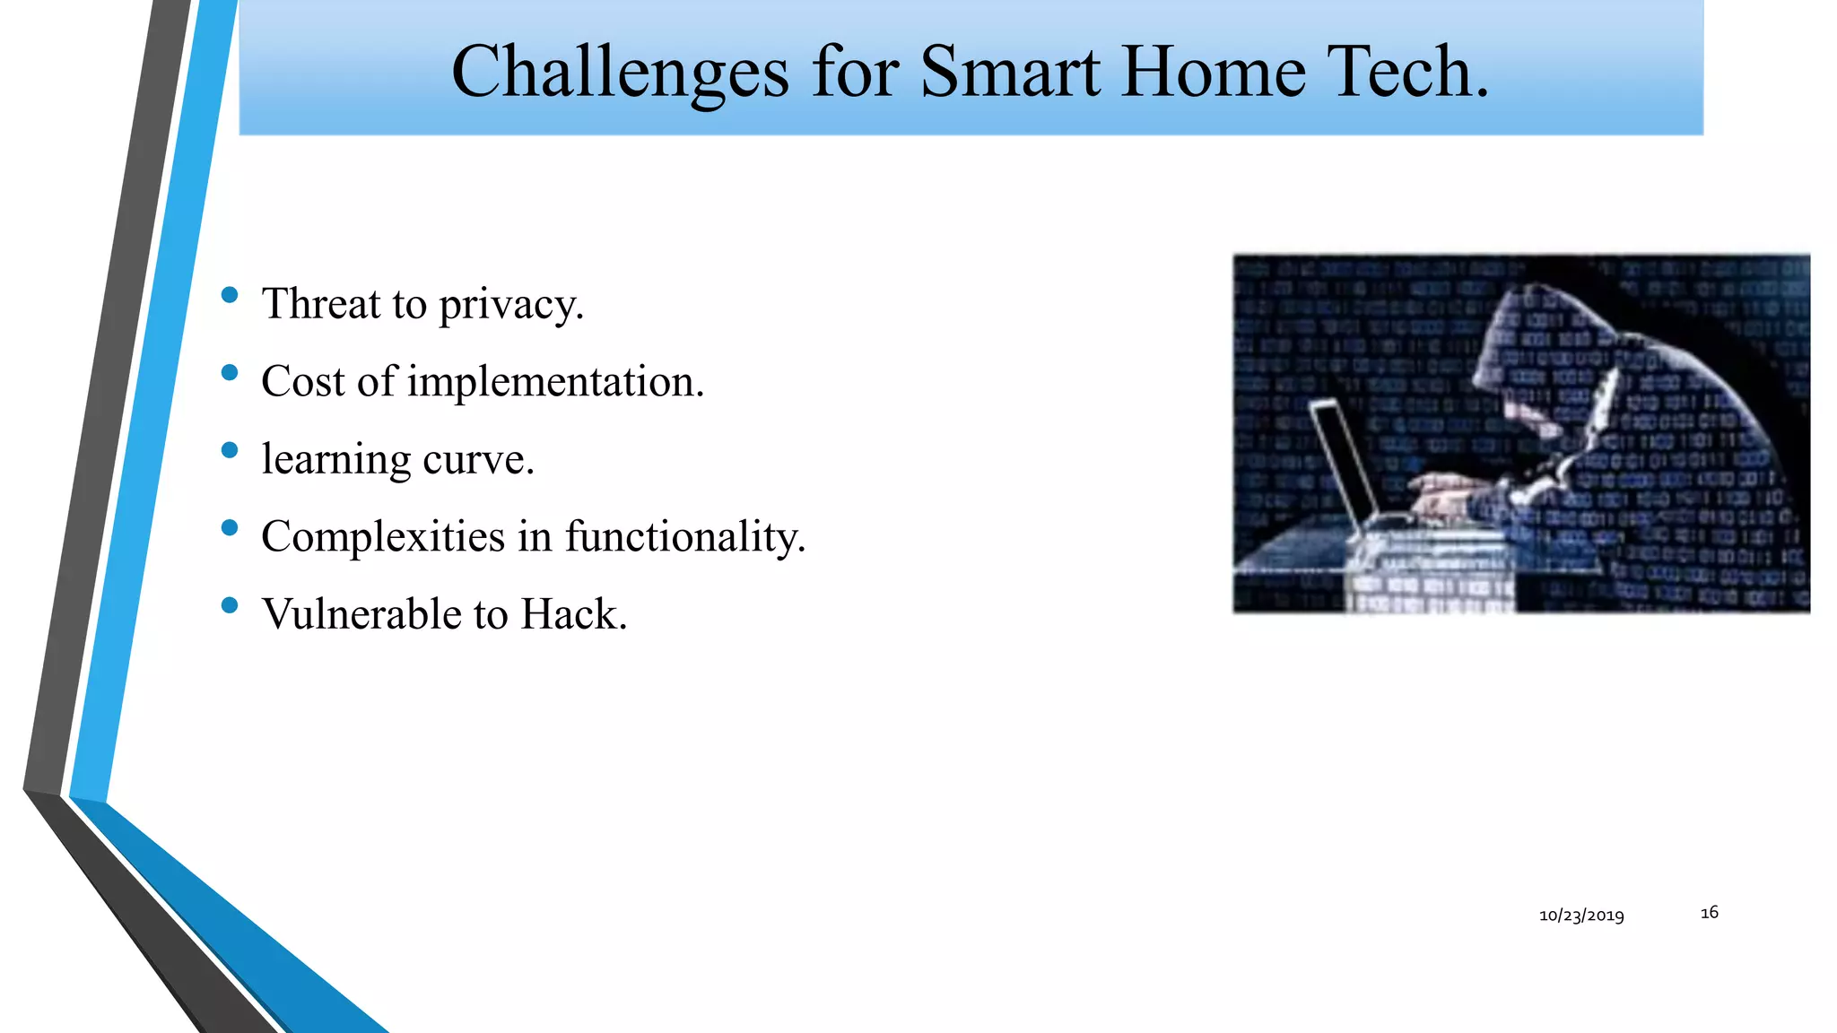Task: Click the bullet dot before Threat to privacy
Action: point(230,295)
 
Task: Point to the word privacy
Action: point(511,305)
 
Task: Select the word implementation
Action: point(556,382)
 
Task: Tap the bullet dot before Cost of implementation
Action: point(230,373)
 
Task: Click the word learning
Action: point(335,460)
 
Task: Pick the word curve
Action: point(478,460)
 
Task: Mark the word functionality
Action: point(685,537)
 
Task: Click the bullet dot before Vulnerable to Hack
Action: point(230,605)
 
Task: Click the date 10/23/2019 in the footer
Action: point(1581,916)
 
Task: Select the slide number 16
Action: point(1709,912)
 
